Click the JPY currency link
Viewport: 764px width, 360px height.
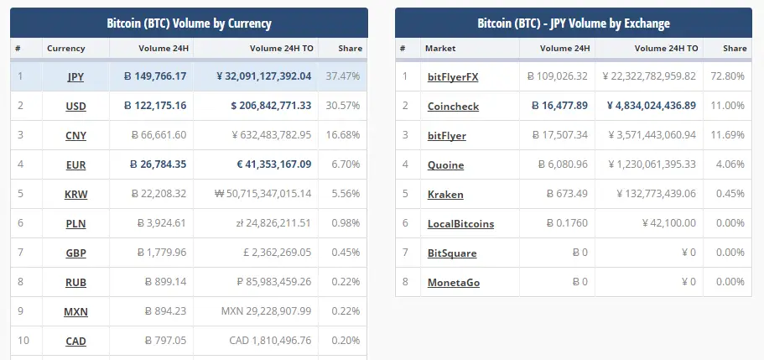coord(75,76)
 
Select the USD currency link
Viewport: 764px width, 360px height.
coord(75,106)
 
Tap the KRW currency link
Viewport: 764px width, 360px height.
coord(75,194)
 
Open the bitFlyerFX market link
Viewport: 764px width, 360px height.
coord(453,76)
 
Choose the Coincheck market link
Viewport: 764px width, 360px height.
coord(452,106)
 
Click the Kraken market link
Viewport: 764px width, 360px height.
coord(445,194)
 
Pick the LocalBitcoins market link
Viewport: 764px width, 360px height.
coord(460,223)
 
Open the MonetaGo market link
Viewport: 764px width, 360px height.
coord(454,282)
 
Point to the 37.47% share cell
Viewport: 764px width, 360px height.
coord(343,76)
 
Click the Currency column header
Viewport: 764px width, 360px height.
coord(66,49)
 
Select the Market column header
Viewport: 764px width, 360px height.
coord(440,49)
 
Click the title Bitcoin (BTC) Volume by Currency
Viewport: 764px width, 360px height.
coord(189,23)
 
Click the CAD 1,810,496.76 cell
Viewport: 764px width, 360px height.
coord(270,341)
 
